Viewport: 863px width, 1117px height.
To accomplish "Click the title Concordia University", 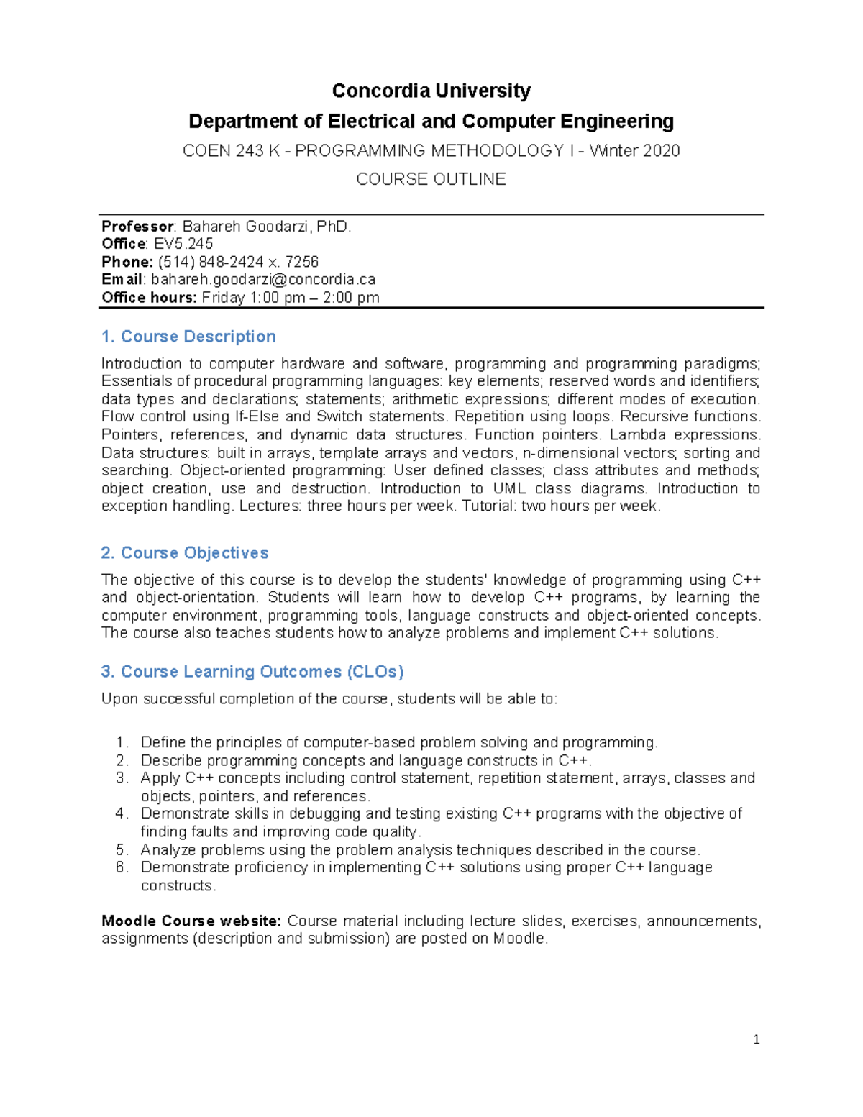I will coord(431,91).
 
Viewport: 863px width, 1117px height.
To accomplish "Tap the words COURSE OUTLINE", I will coord(431,179).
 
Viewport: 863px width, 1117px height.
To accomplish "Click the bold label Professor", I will coord(137,227).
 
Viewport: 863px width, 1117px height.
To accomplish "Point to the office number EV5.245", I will coord(183,244).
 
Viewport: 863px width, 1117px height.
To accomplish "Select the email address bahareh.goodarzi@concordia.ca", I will coord(263,280).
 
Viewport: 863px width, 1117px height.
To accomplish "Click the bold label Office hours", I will coord(149,298).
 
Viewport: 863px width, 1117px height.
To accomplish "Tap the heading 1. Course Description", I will coord(188,337).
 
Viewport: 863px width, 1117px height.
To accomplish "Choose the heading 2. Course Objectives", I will coord(185,552).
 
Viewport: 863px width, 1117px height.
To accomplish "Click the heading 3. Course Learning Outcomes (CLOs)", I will coord(252,671).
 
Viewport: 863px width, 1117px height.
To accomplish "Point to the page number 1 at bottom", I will coord(756,1039).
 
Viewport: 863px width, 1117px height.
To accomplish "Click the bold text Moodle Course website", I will coord(192,921).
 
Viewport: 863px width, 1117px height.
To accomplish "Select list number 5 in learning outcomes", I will coord(121,849).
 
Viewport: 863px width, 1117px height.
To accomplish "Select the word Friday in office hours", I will coord(223,298).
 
